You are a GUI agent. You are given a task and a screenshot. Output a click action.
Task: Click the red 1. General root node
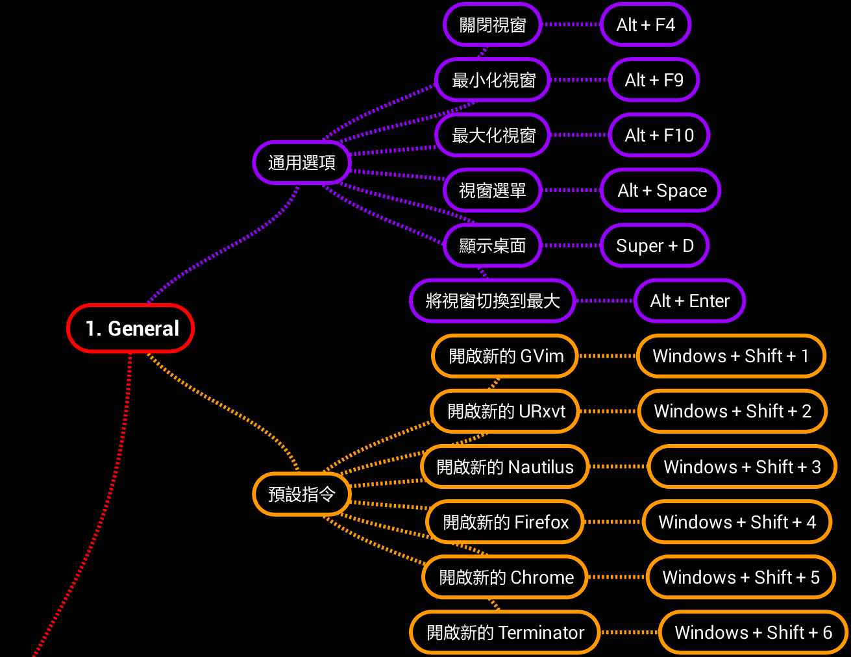point(130,328)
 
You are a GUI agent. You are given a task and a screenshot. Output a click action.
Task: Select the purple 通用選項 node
point(302,162)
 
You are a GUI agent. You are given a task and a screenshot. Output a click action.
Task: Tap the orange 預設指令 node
point(302,494)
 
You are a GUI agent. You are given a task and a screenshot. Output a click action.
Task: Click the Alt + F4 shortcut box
point(645,25)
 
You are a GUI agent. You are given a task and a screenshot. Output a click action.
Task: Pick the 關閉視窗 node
point(492,25)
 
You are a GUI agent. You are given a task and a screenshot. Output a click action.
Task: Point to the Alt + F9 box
point(654,80)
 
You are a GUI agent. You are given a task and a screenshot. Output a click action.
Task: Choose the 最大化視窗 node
point(493,135)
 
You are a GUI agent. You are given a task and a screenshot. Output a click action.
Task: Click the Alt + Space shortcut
point(661,190)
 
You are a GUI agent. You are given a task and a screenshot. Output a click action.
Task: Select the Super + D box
point(654,245)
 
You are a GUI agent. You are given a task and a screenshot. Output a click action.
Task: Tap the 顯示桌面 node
point(492,245)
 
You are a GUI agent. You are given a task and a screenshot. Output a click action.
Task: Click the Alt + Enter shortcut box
point(689,301)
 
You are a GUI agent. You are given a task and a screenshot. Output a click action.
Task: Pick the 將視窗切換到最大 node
point(492,301)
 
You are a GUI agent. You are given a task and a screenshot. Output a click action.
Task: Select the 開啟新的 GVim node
point(505,356)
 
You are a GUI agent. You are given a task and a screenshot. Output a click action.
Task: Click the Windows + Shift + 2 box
point(732,411)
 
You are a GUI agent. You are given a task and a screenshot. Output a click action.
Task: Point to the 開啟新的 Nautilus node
point(504,467)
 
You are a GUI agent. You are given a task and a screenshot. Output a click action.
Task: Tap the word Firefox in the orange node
point(538,522)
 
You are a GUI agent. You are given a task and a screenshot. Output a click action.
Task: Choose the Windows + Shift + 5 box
point(741,577)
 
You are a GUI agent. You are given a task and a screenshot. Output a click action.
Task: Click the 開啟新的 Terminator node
point(504,632)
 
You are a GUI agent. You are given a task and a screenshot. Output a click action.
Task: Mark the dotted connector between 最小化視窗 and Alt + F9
point(579,80)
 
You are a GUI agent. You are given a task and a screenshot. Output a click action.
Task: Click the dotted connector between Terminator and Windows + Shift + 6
point(629,632)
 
